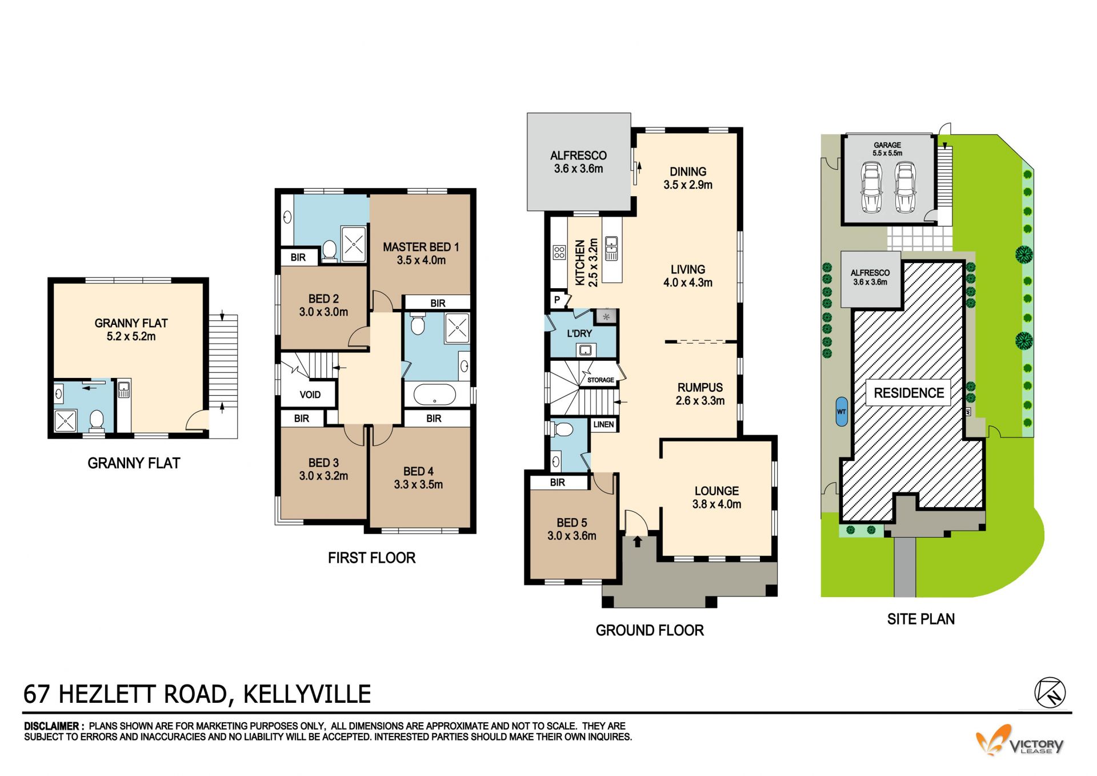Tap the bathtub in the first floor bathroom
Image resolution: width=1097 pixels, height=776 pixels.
(x=435, y=395)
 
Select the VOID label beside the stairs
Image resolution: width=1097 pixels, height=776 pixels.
(x=310, y=395)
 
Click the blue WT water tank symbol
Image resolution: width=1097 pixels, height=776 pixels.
(x=841, y=412)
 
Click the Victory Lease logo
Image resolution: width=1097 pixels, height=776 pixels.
(x=1019, y=742)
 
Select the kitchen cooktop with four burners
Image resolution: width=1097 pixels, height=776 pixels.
(x=559, y=252)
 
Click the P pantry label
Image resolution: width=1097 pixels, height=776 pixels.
(x=557, y=300)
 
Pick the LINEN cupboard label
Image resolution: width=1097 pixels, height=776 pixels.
(x=603, y=424)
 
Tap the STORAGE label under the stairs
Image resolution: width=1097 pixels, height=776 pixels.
(x=600, y=380)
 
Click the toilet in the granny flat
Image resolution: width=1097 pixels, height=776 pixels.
(x=97, y=421)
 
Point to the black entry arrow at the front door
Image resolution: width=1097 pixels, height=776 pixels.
(x=637, y=541)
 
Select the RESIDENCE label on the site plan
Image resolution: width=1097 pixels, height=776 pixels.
(x=908, y=393)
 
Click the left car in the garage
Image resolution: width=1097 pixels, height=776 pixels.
(x=872, y=187)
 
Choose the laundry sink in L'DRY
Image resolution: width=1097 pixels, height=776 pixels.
(x=585, y=350)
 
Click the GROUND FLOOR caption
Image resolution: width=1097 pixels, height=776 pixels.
(x=650, y=630)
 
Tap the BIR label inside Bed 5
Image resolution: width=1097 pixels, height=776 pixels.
(x=558, y=483)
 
